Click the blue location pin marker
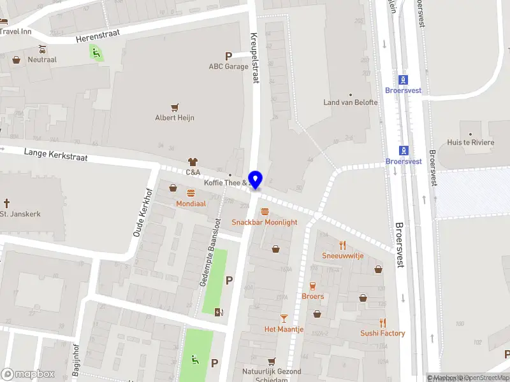(256, 180)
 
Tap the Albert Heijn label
(175, 118)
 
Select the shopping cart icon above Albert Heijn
(175, 107)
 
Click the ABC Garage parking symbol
(228, 56)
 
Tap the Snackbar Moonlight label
(264, 222)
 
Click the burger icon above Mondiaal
(191, 193)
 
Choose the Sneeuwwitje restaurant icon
(342, 244)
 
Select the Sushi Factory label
(382, 334)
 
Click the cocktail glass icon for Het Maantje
(284, 318)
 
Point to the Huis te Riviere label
(470, 143)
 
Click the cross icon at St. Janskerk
(7, 203)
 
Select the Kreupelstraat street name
(254, 58)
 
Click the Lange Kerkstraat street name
(55, 154)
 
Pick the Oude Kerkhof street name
(141, 212)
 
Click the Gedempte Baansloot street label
(210, 252)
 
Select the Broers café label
(312, 297)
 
